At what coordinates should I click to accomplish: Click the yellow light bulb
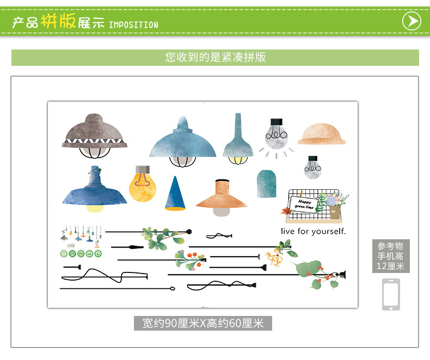tap(142, 185)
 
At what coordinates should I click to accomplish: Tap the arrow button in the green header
tap(411, 21)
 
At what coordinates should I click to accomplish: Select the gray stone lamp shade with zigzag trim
tap(90, 134)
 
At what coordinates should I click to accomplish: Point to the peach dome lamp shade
tap(322, 134)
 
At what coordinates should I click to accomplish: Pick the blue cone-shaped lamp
tap(175, 194)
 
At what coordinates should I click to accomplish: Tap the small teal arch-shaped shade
tap(266, 183)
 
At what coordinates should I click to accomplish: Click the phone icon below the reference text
tap(391, 294)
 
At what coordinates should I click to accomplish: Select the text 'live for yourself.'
tap(313, 231)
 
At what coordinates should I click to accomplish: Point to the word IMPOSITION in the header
tap(133, 25)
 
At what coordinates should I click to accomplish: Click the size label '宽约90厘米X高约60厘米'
tap(203, 324)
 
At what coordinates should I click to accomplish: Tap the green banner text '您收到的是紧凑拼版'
tap(215, 57)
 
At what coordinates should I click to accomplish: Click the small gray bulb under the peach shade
tap(312, 167)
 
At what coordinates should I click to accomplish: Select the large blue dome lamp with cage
tap(182, 140)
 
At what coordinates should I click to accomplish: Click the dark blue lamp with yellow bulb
tap(94, 190)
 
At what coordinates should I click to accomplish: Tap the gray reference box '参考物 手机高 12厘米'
tap(391, 256)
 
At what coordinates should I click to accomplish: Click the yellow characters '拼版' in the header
tap(58, 22)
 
